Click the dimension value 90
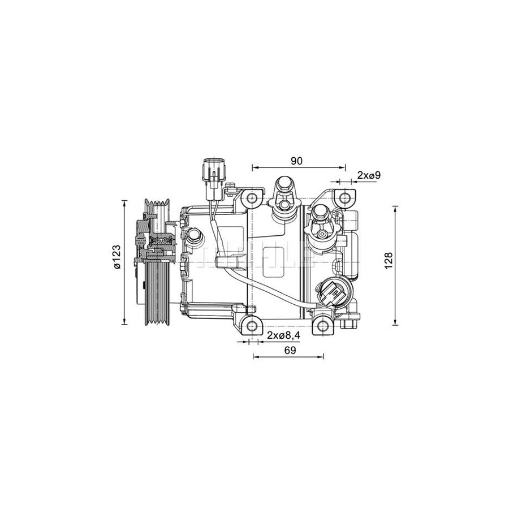(x=296, y=161)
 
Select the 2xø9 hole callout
(x=368, y=175)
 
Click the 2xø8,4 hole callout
(x=283, y=336)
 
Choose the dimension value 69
(x=290, y=350)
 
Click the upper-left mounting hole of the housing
(x=252, y=198)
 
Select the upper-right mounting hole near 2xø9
(x=343, y=198)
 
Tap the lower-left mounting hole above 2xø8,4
(x=252, y=325)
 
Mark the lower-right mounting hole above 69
(x=322, y=326)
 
